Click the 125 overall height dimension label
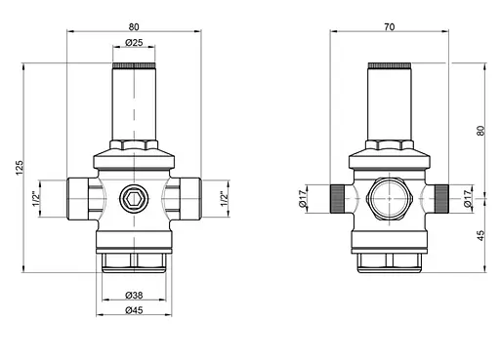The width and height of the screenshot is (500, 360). point(20,168)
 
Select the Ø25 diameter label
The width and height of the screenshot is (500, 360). point(134,43)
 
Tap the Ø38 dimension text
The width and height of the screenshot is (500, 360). point(134,296)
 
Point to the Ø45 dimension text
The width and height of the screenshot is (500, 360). point(134,310)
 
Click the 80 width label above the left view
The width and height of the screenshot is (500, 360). point(134,27)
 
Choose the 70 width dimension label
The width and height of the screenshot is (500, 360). point(390,27)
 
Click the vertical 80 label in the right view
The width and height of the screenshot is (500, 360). point(480,131)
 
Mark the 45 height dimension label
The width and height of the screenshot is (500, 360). point(480,236)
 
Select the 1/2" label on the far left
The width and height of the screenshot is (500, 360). point(36,199)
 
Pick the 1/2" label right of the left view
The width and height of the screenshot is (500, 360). point(225,199)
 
